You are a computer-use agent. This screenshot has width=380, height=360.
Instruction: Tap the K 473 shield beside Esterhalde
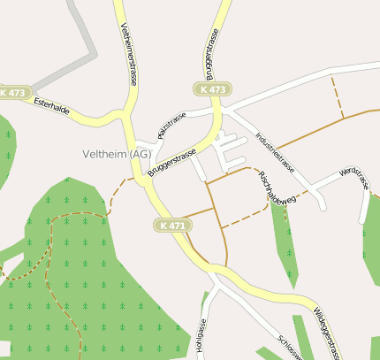tap(15, 92)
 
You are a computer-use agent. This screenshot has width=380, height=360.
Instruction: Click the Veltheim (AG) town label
tap(117, 154)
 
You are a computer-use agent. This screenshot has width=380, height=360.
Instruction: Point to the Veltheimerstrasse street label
tap(129, 53)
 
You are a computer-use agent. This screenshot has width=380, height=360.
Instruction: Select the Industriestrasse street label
tap(275, 151)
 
